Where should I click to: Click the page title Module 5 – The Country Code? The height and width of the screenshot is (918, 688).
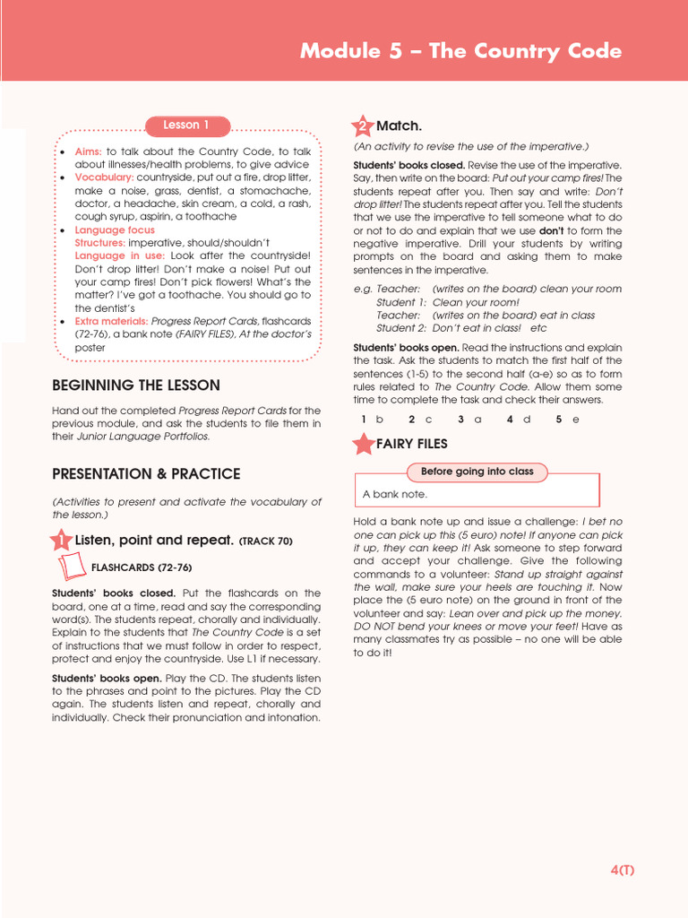460,51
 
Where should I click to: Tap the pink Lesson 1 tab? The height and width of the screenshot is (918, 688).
186,126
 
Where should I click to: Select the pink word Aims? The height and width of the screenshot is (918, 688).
88,152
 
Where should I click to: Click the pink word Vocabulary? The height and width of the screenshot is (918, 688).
104,178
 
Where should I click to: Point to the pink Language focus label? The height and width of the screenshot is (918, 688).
114,230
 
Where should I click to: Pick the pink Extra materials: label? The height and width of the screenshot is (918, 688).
111,321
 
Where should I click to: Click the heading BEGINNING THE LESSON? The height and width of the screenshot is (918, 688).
135,385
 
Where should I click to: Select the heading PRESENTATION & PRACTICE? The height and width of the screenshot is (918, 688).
146,473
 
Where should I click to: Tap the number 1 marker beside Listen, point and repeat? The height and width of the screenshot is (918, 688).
60,541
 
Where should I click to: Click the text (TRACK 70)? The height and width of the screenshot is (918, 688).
265,541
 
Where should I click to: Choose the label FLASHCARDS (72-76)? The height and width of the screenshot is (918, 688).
142,567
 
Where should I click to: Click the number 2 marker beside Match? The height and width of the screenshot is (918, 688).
363,126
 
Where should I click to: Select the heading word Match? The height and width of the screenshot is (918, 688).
399,126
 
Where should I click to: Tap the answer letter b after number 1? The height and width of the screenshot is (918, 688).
380,419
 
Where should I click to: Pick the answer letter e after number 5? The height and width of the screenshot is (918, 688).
575,419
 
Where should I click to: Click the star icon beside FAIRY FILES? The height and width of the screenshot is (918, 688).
364,444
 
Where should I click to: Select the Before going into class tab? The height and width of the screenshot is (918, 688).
477,472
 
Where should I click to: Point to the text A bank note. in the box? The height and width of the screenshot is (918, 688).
395,494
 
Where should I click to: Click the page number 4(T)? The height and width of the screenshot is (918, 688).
622,870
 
